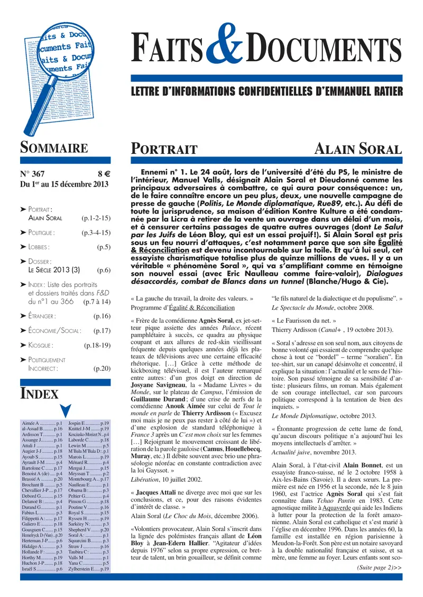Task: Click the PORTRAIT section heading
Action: [x=164, y=150]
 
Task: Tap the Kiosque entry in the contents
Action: [x=40, y=345]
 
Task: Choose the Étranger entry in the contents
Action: [x=42, y=316]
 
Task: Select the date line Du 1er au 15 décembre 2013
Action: [x=64, y=184]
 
